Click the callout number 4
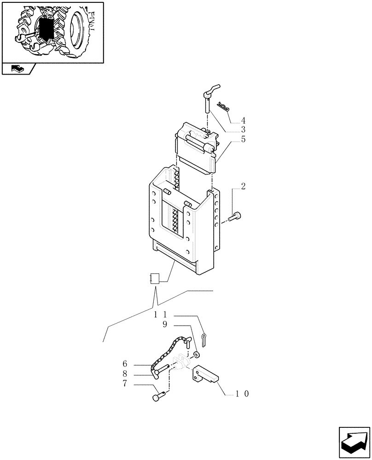click(243, 121)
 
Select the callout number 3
click(243, 130)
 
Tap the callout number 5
click(243, 139)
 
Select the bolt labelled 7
click(158, 395)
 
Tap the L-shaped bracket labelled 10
click(205, 374)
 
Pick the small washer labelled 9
click(196, 355)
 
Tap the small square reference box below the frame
click(155, 278)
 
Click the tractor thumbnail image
click(52, 32)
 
